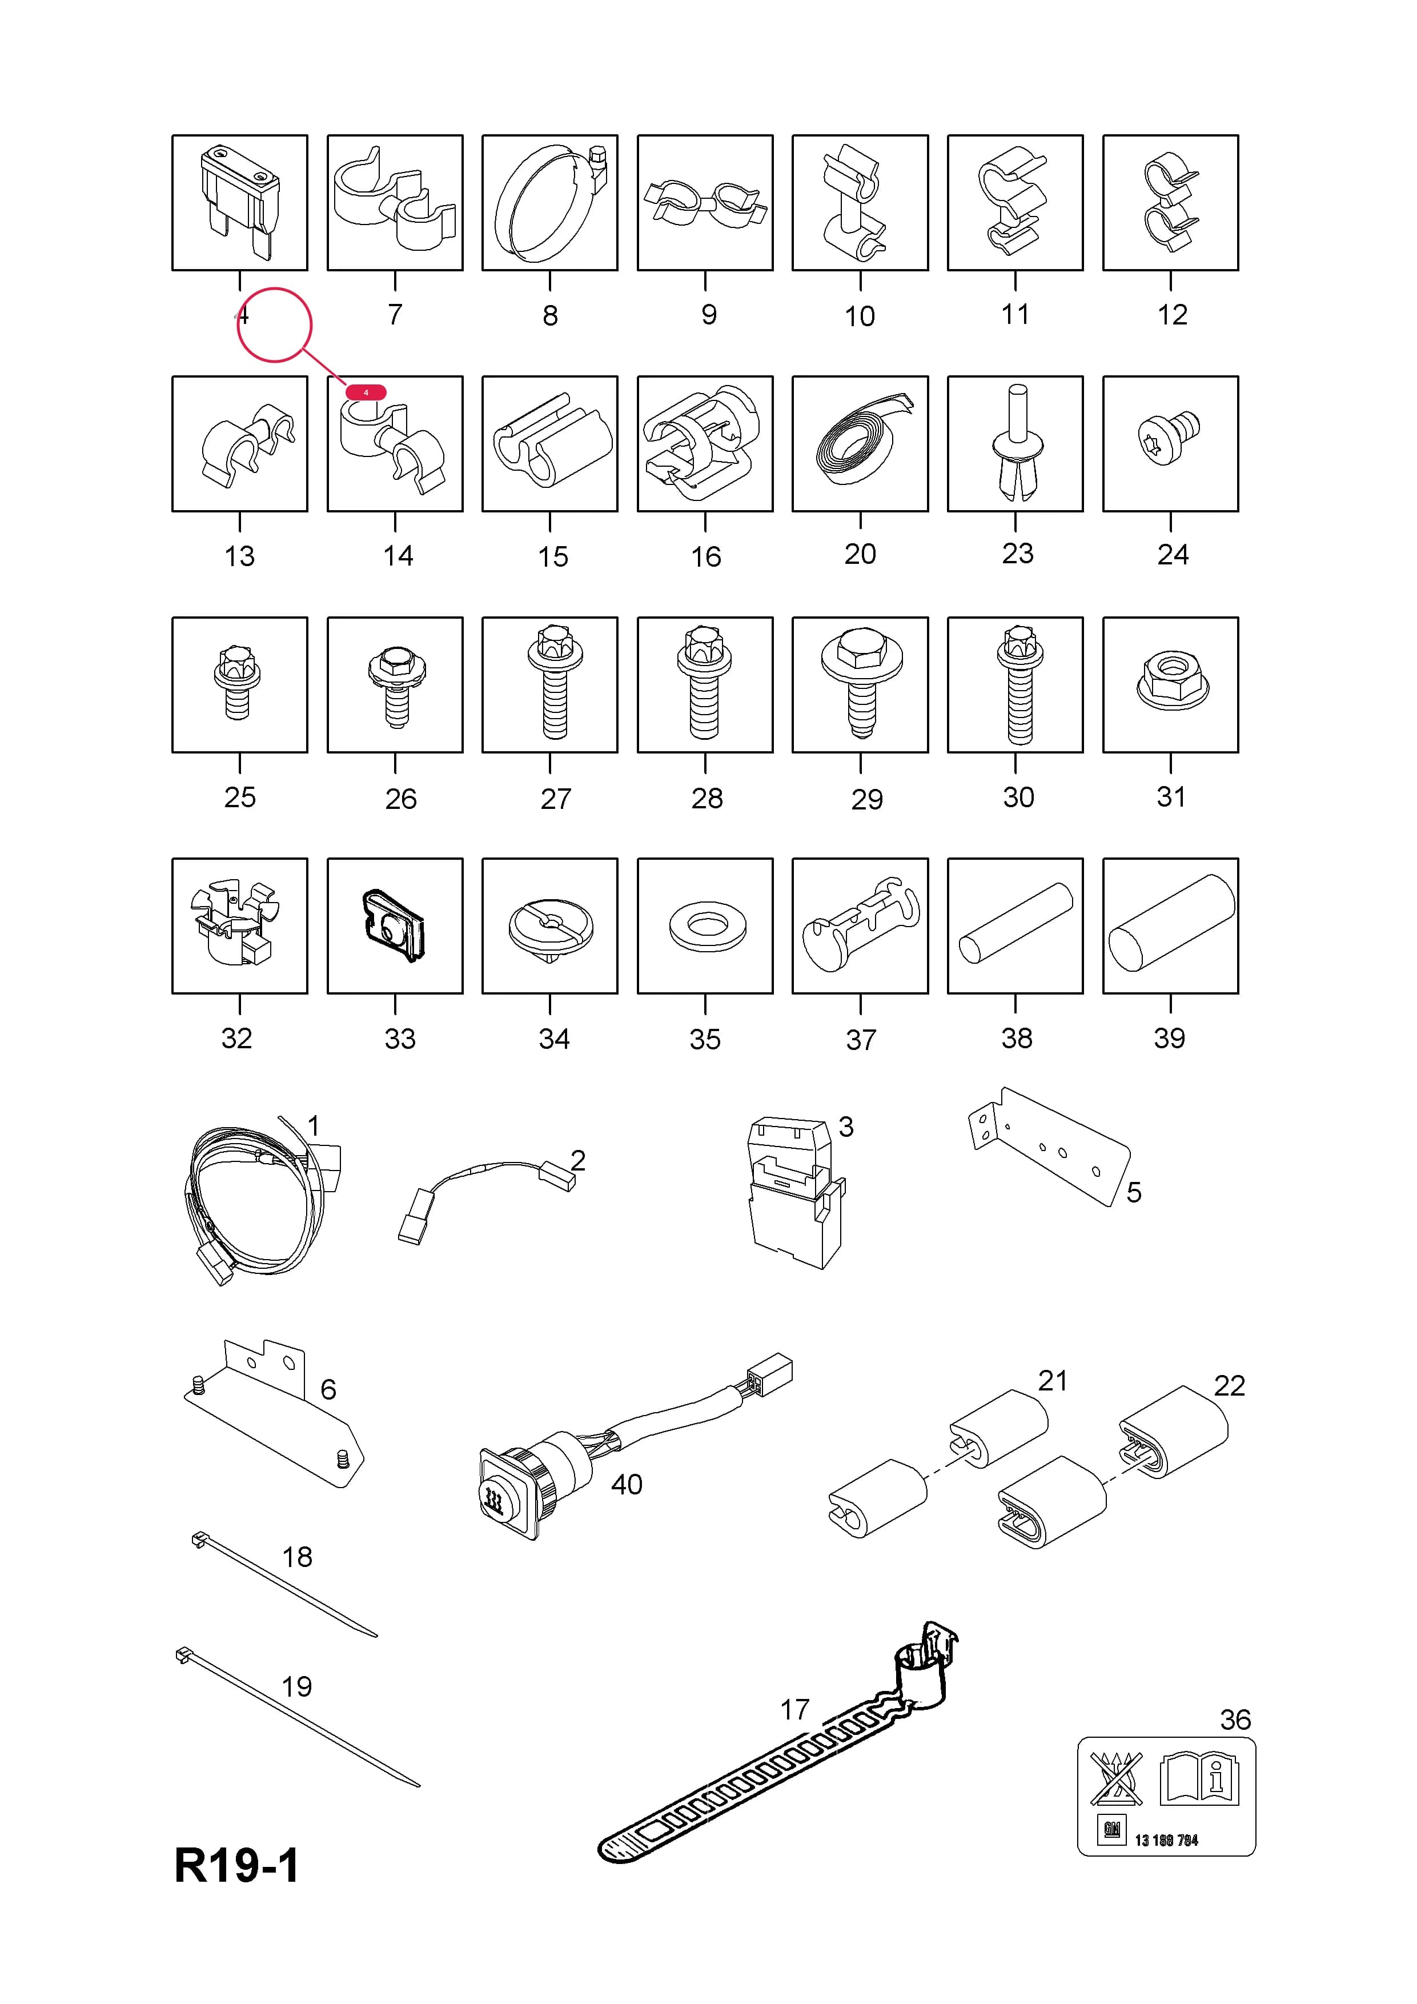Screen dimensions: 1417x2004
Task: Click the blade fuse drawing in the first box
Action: [239, 202]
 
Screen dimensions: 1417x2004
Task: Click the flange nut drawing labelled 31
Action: [1170, 683]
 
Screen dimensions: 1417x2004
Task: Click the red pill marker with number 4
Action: [366, 393]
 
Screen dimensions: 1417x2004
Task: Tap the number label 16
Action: [706, 557]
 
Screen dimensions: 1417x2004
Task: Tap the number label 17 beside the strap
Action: [795, 1709]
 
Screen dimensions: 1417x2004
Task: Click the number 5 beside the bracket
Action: [1133, 1192]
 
